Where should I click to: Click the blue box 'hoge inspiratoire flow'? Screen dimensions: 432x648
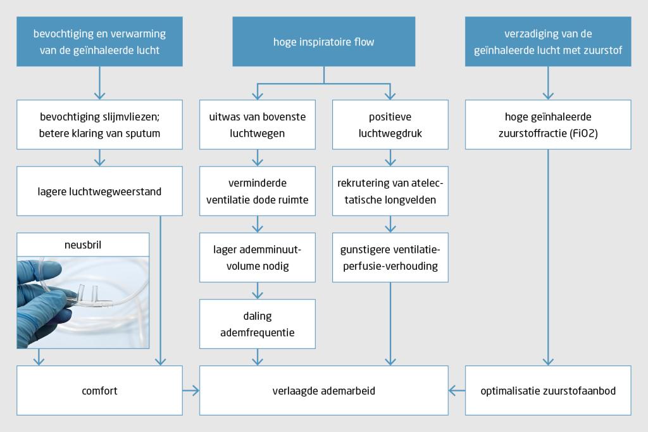[x=324, y=42]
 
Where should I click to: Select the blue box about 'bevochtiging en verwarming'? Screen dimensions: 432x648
[x=100, y=42]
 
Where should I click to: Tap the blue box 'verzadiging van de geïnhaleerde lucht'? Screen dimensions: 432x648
[x=548, y=42]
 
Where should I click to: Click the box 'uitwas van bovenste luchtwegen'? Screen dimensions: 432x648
[x=257, y=124]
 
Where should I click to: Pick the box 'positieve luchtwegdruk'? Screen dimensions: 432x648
[x=390, y=124]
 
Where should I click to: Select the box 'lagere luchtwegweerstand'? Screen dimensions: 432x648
[x=100, y=191]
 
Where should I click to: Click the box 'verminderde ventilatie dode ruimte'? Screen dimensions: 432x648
[x=257, y=191]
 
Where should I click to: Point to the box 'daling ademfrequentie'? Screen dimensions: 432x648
[x=257, y=323]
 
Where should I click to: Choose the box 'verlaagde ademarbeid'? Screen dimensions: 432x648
[x=324, y=391]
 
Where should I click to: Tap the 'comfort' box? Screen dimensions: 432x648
[x=100, y=391]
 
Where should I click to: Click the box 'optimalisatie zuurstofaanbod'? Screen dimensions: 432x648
[x=548, y=391]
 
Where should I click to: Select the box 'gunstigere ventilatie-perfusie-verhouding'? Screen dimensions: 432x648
[x=390, y=257]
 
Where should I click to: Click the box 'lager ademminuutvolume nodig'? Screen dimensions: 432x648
[x=257, y=257]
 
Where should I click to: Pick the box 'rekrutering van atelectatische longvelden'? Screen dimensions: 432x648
[x=390, y=191]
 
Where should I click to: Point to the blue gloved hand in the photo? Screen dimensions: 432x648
[x=38, y=304]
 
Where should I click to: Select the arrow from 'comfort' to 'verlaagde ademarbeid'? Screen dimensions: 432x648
[x=191, y=391]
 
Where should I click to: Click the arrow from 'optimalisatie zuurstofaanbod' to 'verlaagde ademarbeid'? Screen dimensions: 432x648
[x=456, y=391]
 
